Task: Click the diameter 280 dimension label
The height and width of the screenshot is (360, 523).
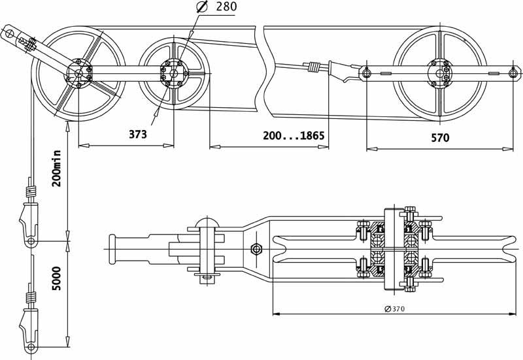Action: click(x=217, y=7)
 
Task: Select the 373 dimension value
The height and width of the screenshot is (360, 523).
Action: click(x=138, y=135)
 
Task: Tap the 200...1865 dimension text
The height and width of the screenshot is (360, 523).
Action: click(x=294, y=136)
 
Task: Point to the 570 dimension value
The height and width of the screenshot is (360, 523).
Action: click(x=440, y=138)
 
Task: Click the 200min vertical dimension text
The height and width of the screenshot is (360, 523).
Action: click(x=57, y=169)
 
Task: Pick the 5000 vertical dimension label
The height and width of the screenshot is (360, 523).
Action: click(x=57, y=278)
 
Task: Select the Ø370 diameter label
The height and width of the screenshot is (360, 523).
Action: click(x=395, y=309)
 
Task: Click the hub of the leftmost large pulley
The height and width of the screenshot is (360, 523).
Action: click(x=78, y=73)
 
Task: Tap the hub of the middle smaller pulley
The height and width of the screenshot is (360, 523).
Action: click(x=173, y=73)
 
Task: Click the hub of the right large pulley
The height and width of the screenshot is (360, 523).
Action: click(x=440, y=73)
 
